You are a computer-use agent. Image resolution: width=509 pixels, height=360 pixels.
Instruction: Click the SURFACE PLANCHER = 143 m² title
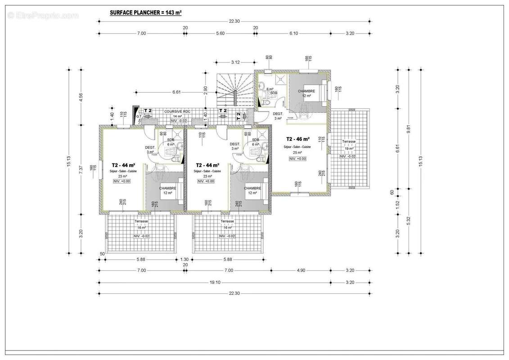click(145, 13)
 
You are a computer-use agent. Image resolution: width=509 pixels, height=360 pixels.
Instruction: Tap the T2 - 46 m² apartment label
click(296, 139)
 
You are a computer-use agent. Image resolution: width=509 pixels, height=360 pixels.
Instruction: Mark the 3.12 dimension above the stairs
click(235, 62)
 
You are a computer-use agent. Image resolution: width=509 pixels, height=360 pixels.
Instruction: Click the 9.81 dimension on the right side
click(409, 128)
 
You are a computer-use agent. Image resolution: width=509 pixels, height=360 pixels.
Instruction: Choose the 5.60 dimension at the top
click(221, 33)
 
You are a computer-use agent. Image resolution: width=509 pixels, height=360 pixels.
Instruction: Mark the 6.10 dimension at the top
click(294, 33)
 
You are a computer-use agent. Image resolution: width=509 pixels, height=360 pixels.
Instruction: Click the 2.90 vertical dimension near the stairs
click(205, 90)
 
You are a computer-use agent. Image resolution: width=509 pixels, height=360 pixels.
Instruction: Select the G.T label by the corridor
click(139, 117)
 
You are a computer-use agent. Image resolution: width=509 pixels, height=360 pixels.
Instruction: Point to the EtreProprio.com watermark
click(43, 16)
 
